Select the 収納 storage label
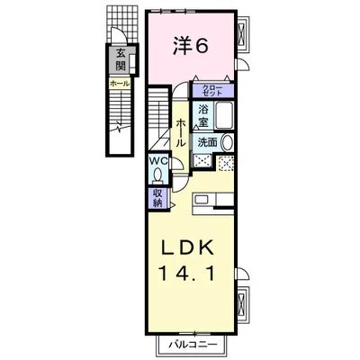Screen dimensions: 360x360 pos(157,197)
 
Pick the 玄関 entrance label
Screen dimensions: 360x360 pos(119,60)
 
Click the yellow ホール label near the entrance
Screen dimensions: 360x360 pos(119,83)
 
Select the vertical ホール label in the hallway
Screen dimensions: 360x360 pos(180,135)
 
